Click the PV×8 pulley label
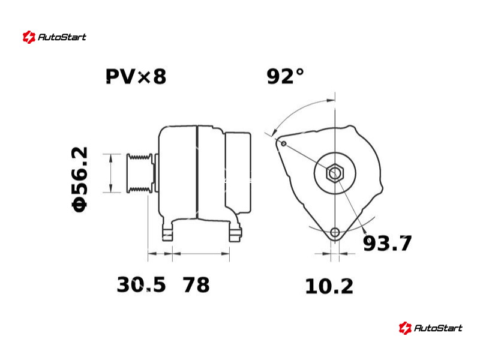[136, 76]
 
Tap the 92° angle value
[286, 76]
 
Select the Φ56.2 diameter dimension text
[80, 179]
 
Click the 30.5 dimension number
[141, 284]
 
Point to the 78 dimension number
[196, 284]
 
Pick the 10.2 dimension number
[329, 287]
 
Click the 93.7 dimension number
[387, 244]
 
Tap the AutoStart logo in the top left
[55, 37]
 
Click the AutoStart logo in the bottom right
[430, 328]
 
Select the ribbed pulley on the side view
[140, 173]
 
